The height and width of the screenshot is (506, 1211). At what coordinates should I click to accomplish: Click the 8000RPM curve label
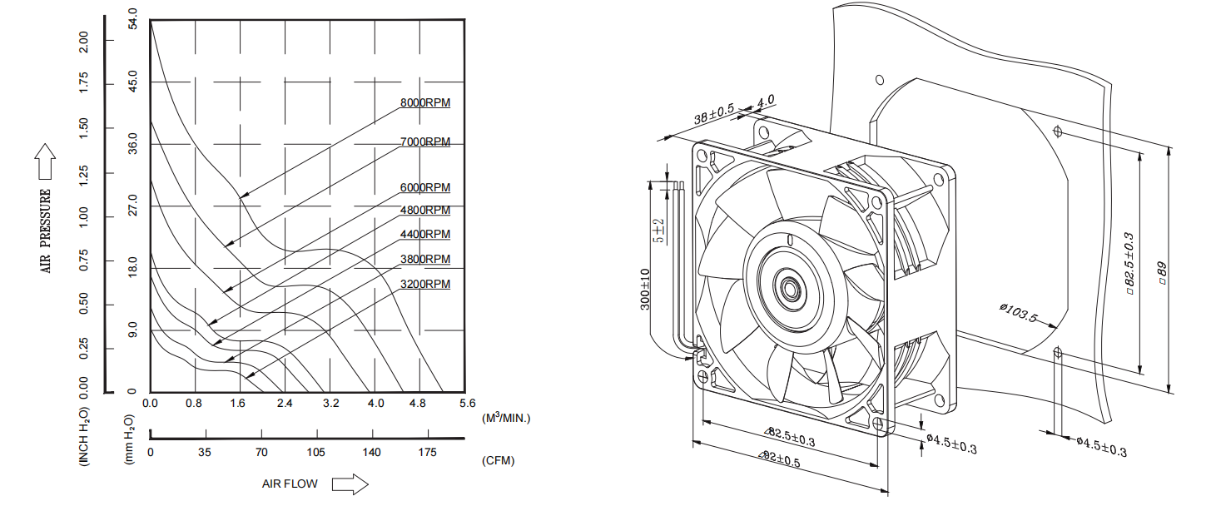pos(424,103)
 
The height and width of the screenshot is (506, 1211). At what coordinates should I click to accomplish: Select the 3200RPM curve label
pos(424,285)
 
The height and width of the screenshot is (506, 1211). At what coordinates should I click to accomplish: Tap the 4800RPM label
pos(424,211)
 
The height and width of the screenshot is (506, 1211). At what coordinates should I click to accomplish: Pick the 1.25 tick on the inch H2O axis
pos(83,174)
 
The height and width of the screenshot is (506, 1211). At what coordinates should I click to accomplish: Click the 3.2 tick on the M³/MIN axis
pos(330,404)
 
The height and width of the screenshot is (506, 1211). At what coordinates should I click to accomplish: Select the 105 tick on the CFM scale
pos(316,453)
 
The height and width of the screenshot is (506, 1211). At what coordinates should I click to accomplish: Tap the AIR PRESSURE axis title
pos(47,231)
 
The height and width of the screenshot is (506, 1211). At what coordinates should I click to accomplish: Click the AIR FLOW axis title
pos(290,484)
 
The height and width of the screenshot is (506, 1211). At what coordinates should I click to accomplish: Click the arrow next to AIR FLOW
pos(350,484)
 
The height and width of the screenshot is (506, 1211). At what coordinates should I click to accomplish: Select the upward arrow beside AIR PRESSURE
pos(46,161)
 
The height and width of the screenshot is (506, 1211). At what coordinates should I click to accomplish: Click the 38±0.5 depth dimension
pos(713,115)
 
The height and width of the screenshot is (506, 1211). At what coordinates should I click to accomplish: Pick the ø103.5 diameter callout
pos(1017,314)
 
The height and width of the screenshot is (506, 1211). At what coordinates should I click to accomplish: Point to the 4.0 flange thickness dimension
pos(765,102)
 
